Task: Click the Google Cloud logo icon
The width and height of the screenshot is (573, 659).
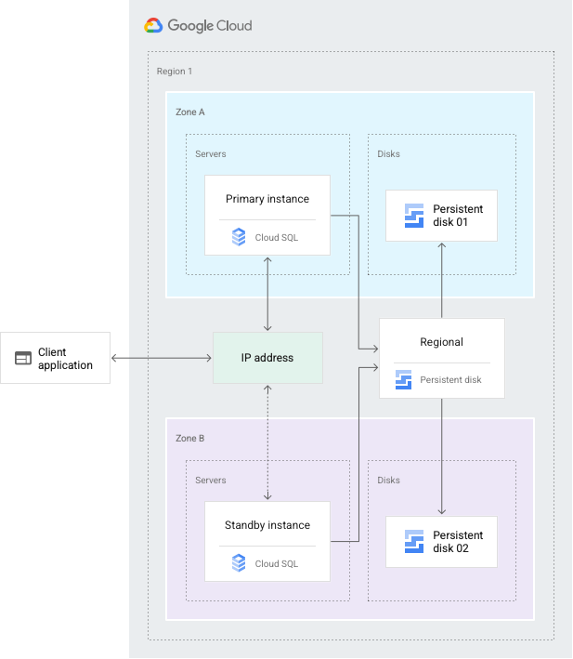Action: tap(153, 26)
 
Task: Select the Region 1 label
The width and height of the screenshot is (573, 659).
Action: tap(175, 72)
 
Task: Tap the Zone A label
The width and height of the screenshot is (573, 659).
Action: tap(190, 112)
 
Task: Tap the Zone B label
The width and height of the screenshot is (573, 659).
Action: tap(190, 438)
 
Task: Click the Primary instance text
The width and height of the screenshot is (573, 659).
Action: tap(267, 199)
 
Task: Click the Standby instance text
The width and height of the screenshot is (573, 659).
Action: tap(267, 525)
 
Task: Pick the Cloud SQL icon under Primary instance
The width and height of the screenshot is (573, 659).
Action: tap(239, 238)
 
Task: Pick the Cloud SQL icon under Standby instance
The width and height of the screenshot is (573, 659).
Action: tap(239, 562)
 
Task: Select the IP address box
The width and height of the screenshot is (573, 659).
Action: tap(267, 358)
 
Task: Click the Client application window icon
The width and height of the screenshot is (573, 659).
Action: tap(23, 359)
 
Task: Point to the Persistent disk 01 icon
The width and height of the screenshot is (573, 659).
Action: tap(414, 216)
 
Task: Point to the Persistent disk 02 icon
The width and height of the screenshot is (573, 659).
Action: tap(414, 542)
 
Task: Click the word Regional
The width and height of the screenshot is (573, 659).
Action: tap(441, 342)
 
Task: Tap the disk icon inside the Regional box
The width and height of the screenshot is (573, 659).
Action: tap(403, 379)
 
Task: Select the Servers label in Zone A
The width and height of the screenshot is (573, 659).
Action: tap(211, 153)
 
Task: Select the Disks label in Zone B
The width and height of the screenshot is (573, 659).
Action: tap(389, 480)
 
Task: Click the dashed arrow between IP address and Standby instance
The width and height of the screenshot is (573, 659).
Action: tap(267, 442)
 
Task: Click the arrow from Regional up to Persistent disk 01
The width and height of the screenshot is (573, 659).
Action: tap(441, 279)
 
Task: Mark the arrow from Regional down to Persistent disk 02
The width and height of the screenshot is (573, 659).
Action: tap(441, 455)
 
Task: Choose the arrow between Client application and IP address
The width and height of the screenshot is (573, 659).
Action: tap(167, 358)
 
